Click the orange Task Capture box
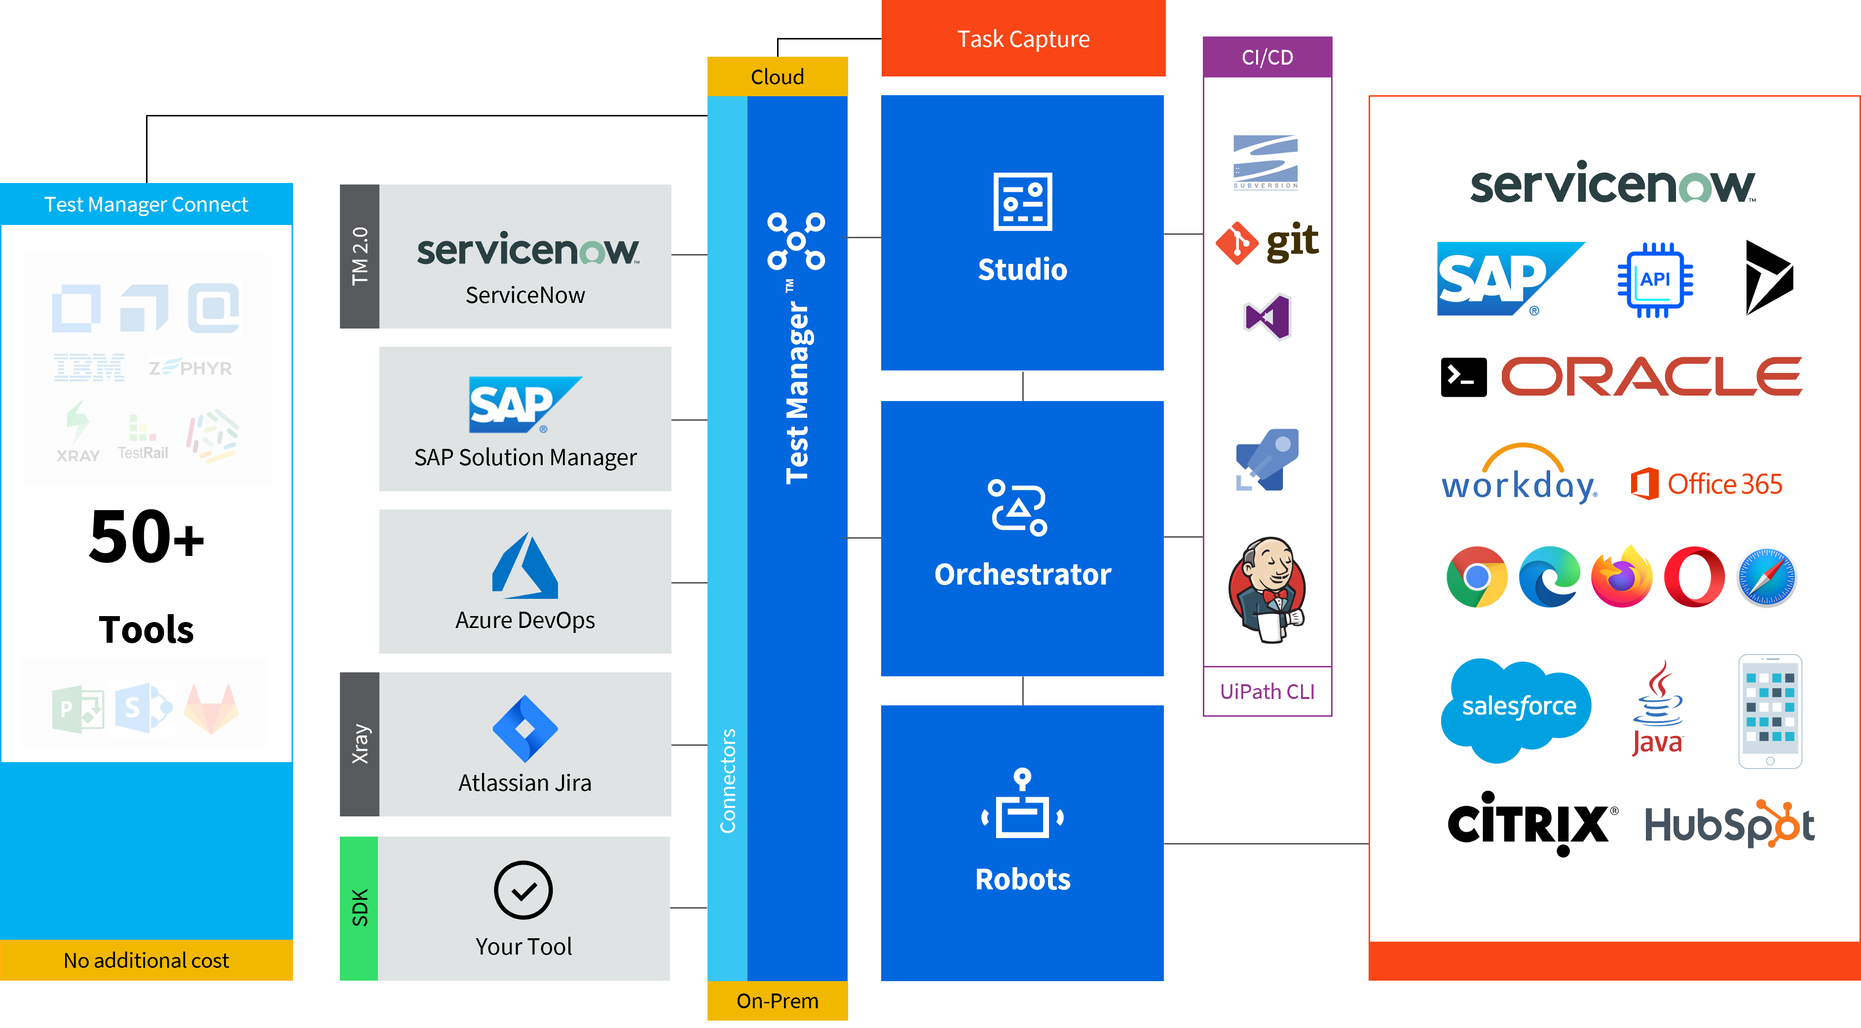click(1023, 39)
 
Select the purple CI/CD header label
click(1267, 57)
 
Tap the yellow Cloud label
click(778, 76)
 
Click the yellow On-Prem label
click(778, 1000)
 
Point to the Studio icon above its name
click(1022, 202)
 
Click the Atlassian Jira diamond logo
click(525, 728)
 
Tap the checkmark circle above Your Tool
click(524, 890)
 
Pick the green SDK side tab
click(359, 908)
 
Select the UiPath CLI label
click(1267, 692)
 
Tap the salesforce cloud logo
click(1517, 708)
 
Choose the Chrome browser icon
click(1477, 578)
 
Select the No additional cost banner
click(146, 960)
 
